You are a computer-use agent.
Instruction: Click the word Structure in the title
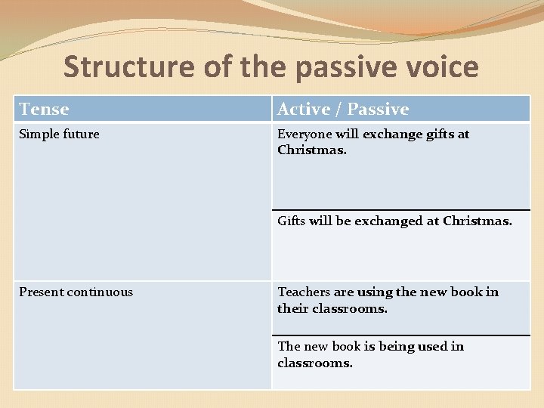tap(128, 66)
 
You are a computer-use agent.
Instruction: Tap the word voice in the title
tap(441, 66)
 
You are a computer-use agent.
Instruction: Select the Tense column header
tap(44, 110)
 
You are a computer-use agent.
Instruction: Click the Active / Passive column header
tap(343, 110)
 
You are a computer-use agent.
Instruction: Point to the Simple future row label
tap(59, 134)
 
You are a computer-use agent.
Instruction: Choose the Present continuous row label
tap(76, 292)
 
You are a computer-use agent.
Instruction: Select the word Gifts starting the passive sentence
tap(292, 221)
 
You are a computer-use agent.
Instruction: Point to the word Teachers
tap(304, 292)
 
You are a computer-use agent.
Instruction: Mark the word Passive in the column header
tap(379, 110)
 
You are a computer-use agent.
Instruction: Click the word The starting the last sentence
tap(289, 347)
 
